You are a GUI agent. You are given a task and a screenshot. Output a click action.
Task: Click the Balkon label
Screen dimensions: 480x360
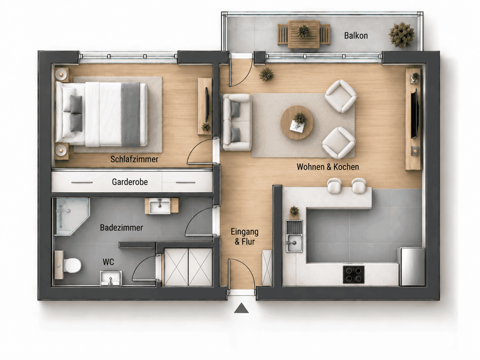(x=356, y=35)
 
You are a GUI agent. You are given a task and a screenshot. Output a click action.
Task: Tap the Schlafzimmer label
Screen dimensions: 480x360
(x=134, y=159)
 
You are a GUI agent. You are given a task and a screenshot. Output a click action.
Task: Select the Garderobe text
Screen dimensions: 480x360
(x=130, y=182)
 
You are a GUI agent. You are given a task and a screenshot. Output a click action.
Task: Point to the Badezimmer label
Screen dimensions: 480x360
(x=121, y=227)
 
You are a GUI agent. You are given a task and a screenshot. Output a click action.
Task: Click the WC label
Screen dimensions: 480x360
(x=108, y=262)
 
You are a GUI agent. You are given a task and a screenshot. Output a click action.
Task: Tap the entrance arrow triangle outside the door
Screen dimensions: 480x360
(x=241, y=308)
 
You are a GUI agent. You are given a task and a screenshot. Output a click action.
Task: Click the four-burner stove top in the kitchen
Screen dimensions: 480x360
(x=354, y=274)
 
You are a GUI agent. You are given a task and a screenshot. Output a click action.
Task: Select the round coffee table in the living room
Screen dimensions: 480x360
(x=297, y=122)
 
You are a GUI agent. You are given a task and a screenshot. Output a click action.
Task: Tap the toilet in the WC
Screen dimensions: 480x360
(x=68, y=265)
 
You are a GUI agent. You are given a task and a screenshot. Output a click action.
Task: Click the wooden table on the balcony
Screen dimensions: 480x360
(x=304, y=34)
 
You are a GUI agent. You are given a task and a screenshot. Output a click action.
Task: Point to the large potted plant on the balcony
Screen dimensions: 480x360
(x=401, y=35)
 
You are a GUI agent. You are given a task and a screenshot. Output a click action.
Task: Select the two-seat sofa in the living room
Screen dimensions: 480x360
(x=237, y=122)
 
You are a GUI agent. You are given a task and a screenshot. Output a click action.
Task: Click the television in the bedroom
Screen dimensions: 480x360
(x=207, y=105)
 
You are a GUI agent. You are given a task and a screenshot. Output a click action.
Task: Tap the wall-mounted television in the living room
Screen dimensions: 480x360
(x=414, y=113)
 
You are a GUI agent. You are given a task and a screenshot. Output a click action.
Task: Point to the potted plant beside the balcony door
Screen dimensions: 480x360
(x=266, y=75)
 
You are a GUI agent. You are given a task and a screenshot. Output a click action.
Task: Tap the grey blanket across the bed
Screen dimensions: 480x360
(x=131, y=115)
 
